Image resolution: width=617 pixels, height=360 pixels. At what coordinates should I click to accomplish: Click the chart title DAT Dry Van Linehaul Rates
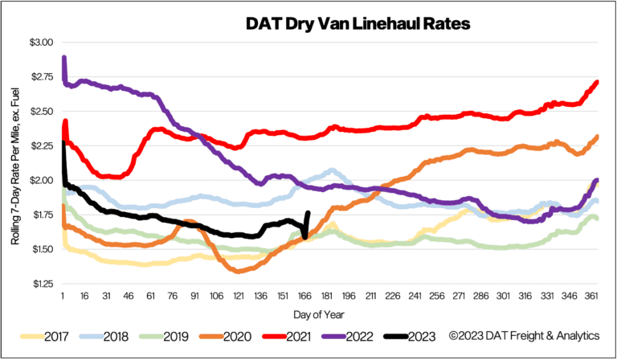click(358, 23)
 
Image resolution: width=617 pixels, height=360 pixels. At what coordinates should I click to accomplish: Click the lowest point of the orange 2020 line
click(239, 271)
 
